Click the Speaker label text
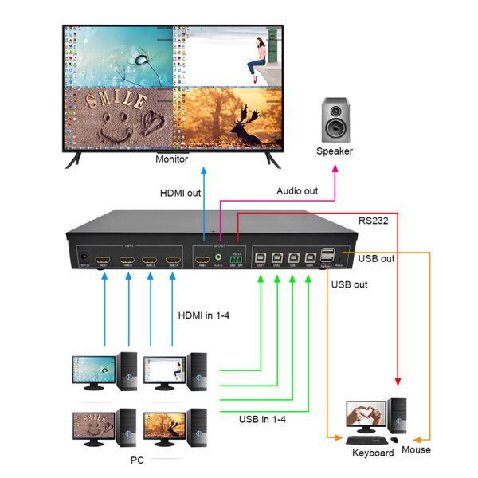point(334,151)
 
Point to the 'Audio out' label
point(297,191)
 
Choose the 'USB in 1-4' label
point(262,419)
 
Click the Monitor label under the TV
point(171,159)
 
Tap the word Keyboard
point(373,453)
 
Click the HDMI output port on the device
point(204,260)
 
